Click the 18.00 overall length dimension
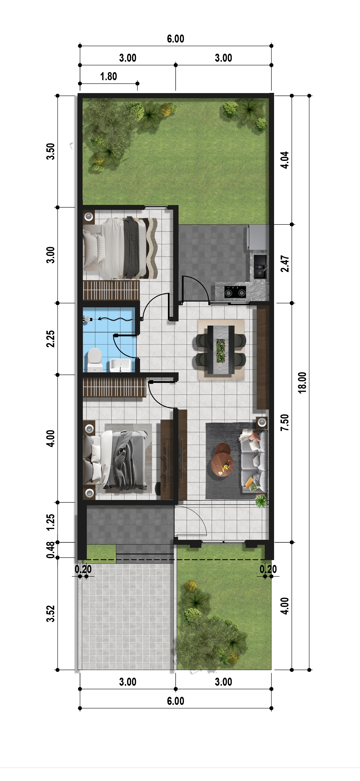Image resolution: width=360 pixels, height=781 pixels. (302, 383)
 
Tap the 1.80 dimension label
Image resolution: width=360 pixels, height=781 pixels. (108, 76)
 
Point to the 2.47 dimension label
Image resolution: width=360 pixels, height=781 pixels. (285, 263)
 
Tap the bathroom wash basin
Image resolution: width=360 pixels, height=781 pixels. (120, 365)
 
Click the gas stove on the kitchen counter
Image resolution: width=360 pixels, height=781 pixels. (235, 292)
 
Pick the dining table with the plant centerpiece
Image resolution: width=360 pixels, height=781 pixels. (221, 349)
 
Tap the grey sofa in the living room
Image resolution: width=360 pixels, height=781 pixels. (254, 461)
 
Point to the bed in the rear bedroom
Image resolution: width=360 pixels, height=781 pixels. (120, 248)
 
